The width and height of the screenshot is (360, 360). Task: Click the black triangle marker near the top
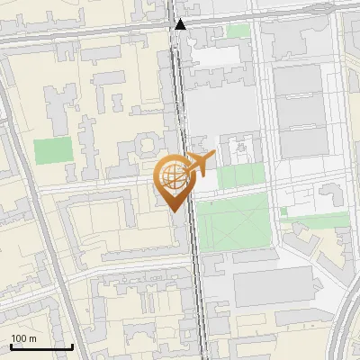[181, 25]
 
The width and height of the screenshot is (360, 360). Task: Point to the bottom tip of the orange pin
[174, 211]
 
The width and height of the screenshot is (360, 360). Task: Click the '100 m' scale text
[23, 338]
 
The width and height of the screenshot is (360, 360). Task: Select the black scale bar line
[41, 346]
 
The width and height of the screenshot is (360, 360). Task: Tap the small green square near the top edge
[238, 31]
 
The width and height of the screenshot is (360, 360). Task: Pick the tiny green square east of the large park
[283, 211]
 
